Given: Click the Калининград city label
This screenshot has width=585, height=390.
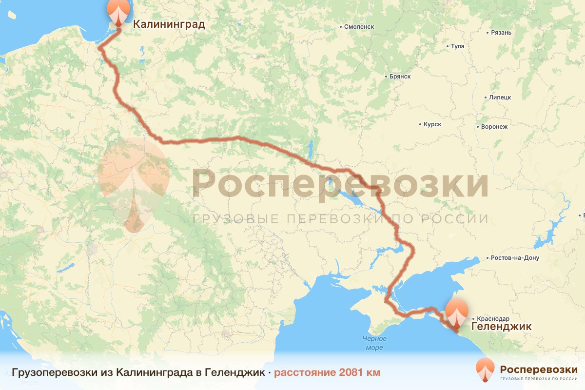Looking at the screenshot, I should coord(169,24).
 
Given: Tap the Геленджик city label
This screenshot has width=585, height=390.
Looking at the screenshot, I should coord(501,326).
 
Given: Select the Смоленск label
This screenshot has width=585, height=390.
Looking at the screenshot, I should coord(359,27).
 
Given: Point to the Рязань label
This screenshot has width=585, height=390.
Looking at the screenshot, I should coord(502,33).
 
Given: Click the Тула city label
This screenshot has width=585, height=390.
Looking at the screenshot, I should coord(458,46).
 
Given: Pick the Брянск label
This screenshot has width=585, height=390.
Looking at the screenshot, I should coord(400,77).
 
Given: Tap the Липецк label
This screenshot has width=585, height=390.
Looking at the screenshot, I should coord(500,97).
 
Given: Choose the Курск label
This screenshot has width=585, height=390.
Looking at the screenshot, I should coord(432,124).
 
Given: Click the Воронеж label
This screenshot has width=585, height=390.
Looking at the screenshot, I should coord(494,127).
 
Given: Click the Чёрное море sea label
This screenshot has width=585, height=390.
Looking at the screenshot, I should coord(374,343).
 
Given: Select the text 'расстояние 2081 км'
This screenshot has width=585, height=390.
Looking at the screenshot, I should coord(327,372).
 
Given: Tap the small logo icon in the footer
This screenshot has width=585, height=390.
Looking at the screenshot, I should coord(485,370).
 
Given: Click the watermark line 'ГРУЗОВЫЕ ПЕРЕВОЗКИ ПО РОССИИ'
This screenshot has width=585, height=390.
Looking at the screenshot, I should coord(340,219).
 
